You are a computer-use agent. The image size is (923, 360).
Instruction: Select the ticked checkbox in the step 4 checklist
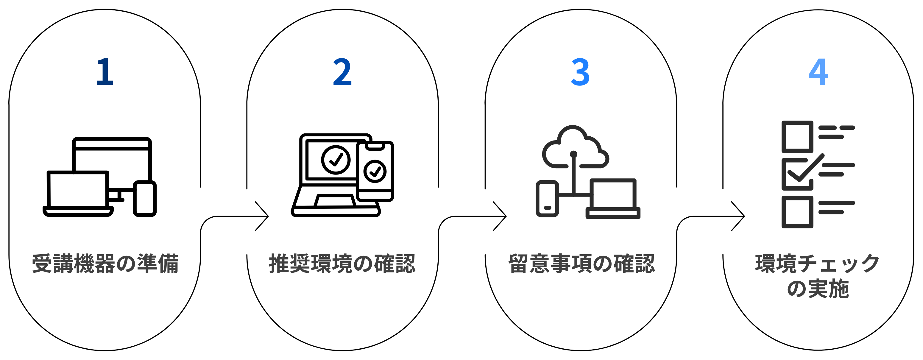[797, 174]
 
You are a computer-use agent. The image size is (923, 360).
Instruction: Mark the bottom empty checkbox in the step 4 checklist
[797, 212]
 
